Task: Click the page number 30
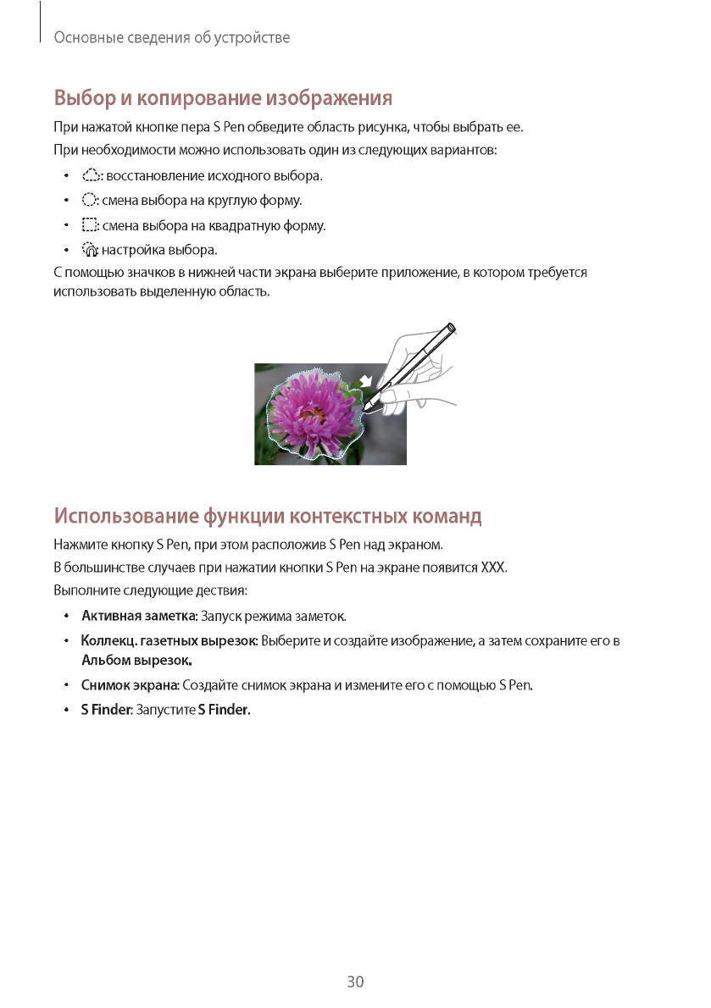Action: tap(355, 982)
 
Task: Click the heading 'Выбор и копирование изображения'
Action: tap(223, 98)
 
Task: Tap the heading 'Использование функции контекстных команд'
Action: tap(268, 515)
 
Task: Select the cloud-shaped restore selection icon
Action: tap(90, 176)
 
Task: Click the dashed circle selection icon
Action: tap(90, 201)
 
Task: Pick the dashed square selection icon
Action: tap(90, 225)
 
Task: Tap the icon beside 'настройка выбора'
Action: tap(90, 250)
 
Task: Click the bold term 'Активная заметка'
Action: tap(139, 615)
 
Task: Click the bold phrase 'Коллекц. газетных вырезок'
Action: tap(169, 640)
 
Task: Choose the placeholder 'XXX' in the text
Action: tap(492, 567)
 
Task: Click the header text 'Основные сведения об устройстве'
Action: tap(172, 38)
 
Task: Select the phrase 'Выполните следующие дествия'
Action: tap(150, 590)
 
